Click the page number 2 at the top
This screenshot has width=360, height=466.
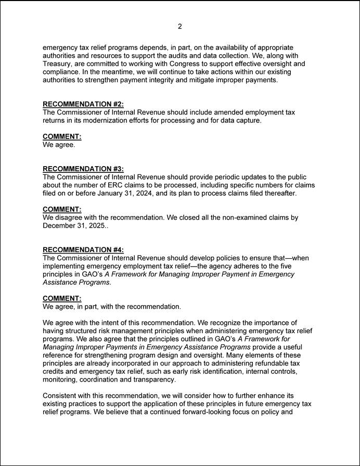[179, 27]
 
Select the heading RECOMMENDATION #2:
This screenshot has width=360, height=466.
[83, 104]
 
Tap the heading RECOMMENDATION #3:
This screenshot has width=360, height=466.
[83, 169]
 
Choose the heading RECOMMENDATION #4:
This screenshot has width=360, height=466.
[83, 249]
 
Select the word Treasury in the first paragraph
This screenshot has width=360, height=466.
[59, 64]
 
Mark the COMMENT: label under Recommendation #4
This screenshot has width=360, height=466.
[62, 298]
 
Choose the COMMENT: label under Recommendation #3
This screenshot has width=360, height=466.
[62, 209]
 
